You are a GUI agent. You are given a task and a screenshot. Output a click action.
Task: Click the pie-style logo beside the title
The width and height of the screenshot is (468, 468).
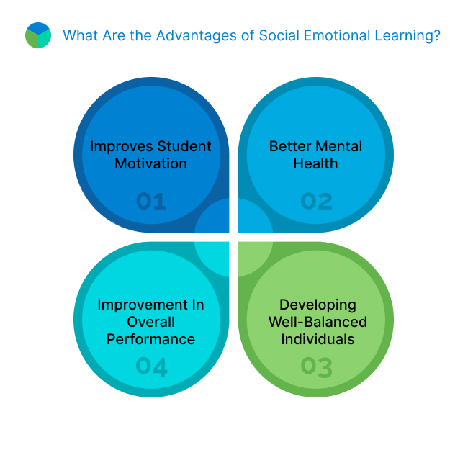[37, 35]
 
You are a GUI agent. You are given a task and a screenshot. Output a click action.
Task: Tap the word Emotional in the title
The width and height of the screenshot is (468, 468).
[322, 35]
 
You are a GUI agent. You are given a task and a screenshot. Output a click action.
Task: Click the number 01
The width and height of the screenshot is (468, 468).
[151, 201]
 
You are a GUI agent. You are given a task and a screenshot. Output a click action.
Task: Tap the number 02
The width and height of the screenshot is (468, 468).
[317, 201]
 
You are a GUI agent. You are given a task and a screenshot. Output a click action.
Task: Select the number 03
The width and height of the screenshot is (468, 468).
[317, 367]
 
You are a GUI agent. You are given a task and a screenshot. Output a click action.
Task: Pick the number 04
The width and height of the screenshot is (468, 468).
[151, 367]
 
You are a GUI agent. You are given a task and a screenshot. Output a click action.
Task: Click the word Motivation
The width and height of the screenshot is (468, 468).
[151, 163]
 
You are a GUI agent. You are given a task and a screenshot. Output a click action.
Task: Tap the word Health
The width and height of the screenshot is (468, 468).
[316, 163]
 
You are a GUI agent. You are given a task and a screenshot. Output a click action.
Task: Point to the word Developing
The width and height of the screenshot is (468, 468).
[318, 305]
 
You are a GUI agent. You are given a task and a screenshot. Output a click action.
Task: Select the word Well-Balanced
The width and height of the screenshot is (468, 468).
[318, 322]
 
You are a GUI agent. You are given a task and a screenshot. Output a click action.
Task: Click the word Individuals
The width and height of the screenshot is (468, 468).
[318, 339]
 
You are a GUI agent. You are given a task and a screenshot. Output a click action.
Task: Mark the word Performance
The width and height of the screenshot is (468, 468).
[151, 339]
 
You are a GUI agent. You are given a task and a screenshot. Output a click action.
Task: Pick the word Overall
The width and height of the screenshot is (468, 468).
[151, 322]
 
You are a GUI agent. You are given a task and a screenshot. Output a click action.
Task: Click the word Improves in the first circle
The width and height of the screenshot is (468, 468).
[120, 147]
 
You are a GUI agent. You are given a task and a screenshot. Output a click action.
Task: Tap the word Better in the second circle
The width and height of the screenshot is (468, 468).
[290, 146]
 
